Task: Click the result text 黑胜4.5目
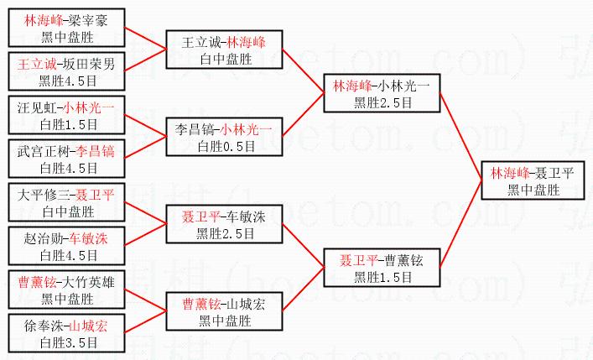point(68,81)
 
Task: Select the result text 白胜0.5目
point(225,146)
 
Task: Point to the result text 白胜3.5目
point(68,342)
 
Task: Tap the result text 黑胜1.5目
point(382,277)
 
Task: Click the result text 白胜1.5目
point(68,124)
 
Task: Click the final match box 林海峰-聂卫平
point(533,180)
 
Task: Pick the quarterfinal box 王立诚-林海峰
point(225,50)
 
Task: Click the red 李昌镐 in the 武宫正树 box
point(96,151)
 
